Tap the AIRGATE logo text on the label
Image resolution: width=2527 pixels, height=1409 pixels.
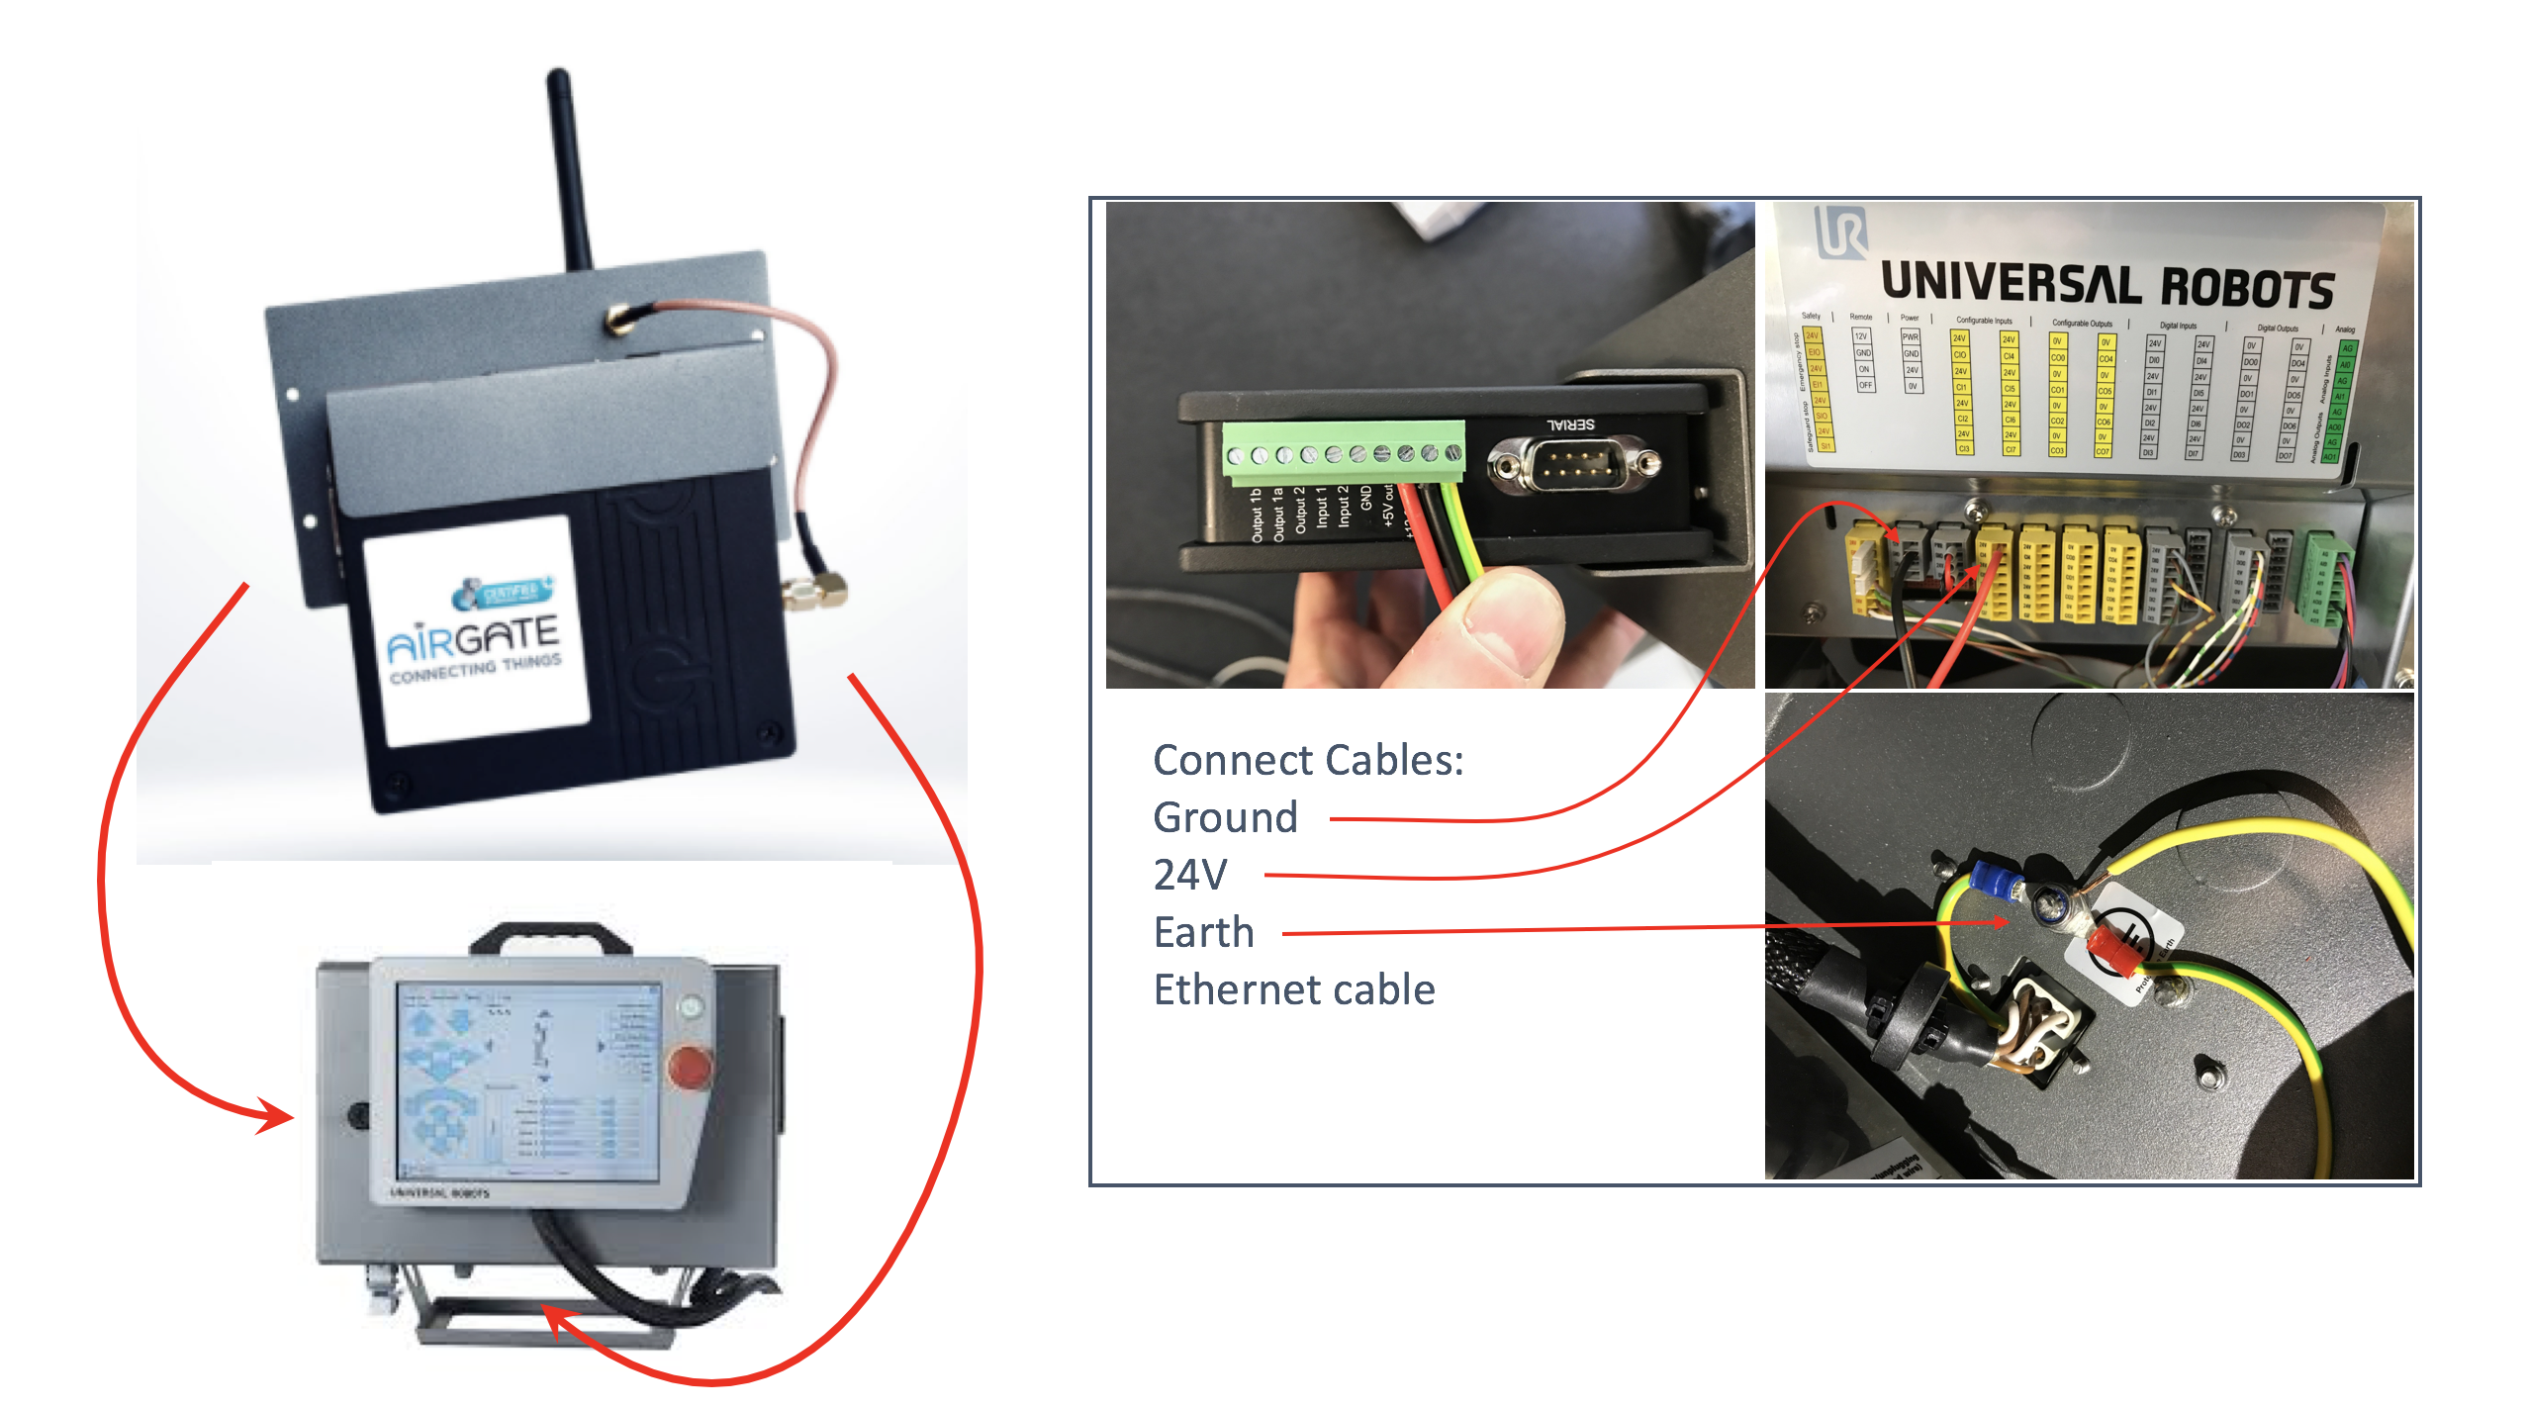tap(473, 638)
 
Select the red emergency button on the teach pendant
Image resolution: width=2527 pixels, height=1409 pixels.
tap(689, 1069)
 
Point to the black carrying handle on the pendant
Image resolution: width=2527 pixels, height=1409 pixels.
tap(550, 935)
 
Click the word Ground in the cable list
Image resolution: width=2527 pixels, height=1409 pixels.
tap(1225, 818)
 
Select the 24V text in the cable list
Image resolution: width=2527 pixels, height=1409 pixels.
tap(1190, 875)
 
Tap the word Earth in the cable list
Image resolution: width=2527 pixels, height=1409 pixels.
tap(1203, 932)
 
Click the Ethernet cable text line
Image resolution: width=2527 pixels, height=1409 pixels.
tap(1294, 989)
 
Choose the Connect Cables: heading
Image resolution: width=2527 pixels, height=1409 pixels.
tap(1308, 760)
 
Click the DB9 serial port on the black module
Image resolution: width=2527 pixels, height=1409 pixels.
tap(1573, 463)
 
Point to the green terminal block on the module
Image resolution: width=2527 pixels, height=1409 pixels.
tap(1344, 452)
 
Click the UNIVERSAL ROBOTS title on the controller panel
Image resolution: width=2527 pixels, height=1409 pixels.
tap(2107, 284)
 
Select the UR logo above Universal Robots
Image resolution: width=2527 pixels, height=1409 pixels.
tap(1840, 230)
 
